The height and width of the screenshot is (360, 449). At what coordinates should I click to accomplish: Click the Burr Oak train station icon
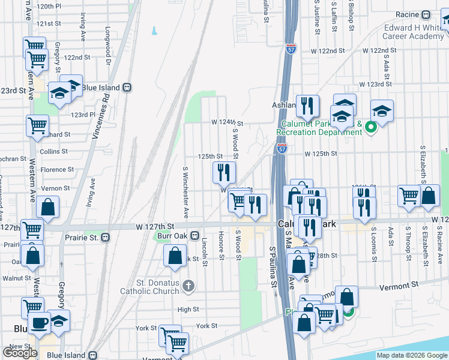pos(195,236)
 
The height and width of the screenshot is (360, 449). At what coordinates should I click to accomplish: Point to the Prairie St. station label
pos(82,238)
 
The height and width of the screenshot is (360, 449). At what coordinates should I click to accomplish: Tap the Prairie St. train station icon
pos(106,237)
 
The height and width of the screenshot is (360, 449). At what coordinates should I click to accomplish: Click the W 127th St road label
pos(154,226)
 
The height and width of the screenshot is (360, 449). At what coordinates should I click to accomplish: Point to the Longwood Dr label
pos(109,45)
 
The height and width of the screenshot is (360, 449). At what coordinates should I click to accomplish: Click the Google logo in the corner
pos(20,352)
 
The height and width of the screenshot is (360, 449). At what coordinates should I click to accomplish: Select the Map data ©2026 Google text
pos(412,355)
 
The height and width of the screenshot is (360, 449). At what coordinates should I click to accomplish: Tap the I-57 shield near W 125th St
pos(282,147)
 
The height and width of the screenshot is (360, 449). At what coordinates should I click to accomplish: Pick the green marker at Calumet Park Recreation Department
pos(370,126)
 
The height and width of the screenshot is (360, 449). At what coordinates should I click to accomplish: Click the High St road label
pos(188,310)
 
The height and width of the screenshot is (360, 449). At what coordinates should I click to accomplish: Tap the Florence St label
pos(57,170)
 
